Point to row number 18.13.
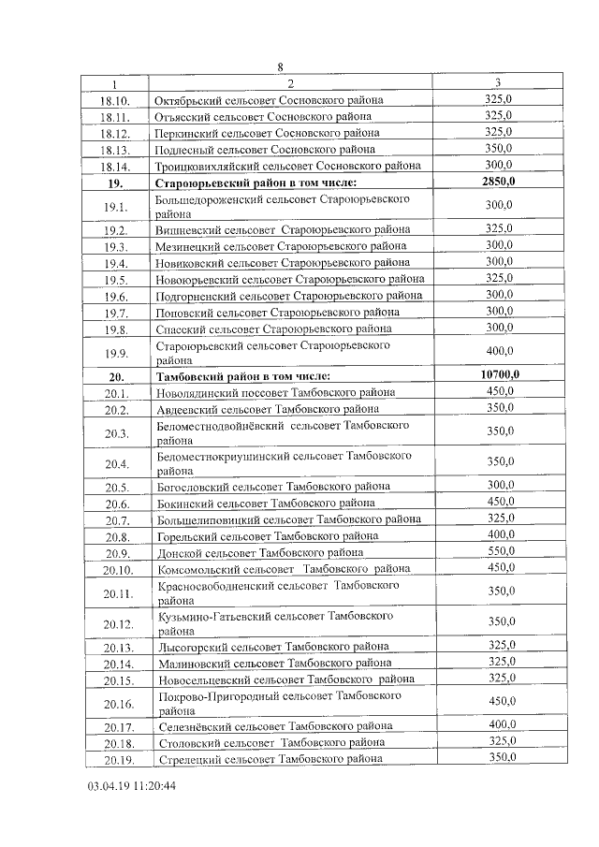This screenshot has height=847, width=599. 117,149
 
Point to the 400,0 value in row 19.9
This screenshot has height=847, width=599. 500,351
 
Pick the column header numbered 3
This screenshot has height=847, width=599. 497,83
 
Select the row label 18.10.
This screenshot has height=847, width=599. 117,100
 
